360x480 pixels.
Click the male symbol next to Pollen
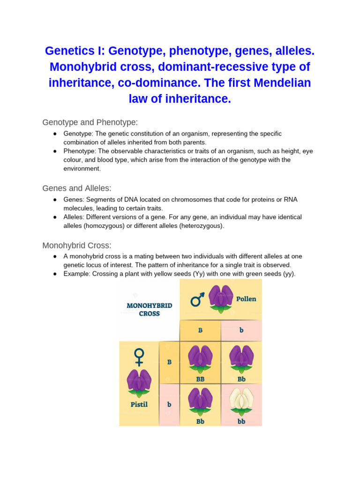point(197,299)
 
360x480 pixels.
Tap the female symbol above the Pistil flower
point(139,357)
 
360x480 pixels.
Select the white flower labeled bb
point(241,402)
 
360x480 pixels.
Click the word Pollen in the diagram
point(246,299)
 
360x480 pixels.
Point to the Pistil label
point(139,404)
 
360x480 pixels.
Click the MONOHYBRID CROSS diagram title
point(150,309)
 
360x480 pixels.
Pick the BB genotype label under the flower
point(200,379)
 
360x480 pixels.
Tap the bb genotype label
point(241,421)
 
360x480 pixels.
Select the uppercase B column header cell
point(200,330)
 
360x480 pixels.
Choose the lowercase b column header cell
point(241,330)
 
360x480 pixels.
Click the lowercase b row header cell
point(169,404)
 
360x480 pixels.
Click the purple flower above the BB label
point(200,359)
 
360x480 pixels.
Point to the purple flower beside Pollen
point(220,298)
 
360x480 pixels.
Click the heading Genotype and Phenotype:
point(90,122)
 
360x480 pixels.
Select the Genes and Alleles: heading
point(77,188)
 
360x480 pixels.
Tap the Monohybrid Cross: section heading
point(77,245)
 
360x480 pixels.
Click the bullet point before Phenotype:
point(55,151)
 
